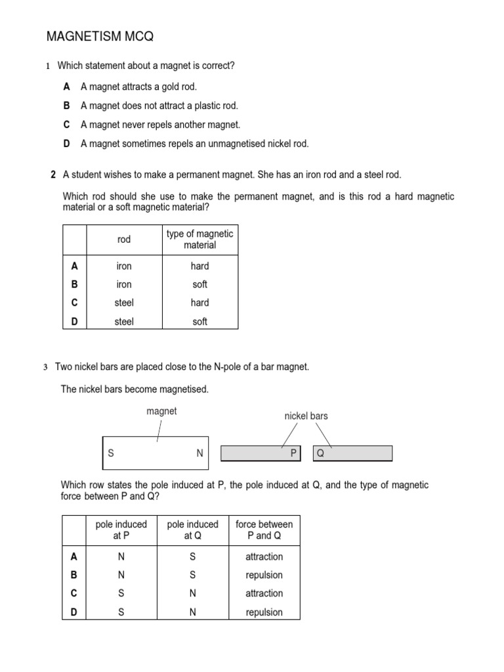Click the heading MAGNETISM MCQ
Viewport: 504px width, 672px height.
[100, 37]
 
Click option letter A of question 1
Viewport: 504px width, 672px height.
[67, 87]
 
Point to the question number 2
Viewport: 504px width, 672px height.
[52, 175]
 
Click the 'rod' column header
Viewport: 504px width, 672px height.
[124, 240]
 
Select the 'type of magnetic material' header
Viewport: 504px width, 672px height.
[200, 240]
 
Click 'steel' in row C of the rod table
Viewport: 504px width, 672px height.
[124, 303]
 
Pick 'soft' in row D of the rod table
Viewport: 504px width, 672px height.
[200, 322]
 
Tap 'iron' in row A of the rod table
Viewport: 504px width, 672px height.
[124, 266]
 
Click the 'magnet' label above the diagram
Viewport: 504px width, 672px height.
[161, 411]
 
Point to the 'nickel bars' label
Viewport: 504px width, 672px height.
[306, 416]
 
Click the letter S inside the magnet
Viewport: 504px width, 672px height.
[111, 453]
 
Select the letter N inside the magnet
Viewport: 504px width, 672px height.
[199, 453]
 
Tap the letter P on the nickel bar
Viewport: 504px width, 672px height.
[294, 453]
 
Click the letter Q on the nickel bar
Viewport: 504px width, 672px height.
[320, 453]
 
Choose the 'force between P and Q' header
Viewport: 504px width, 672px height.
[264, 530]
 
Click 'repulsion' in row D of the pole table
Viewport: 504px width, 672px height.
[264, 612]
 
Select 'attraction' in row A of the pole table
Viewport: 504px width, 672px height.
[264, 556]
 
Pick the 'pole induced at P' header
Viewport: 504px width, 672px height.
[121, 530]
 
